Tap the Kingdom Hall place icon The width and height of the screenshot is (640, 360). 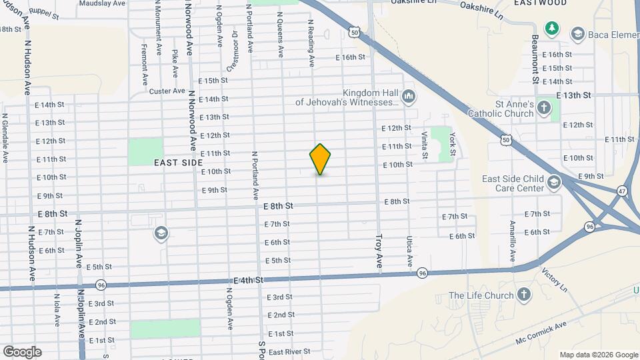coord(409,98)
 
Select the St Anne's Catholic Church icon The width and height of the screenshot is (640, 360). coord(544,108)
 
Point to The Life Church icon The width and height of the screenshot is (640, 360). coord(525,295)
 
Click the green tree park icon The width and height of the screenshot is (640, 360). coord(551,28)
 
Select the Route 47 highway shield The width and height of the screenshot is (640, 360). coord(621,191)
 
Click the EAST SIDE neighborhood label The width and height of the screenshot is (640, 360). coord(178,162)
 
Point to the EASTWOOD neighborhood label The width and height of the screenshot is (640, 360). coord(541,3)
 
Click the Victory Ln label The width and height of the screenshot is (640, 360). coord(553,275)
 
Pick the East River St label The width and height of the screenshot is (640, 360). coord(289,351)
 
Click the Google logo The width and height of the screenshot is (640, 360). coord(22,351)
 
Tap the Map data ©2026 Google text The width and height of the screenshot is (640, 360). coord(598,355)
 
